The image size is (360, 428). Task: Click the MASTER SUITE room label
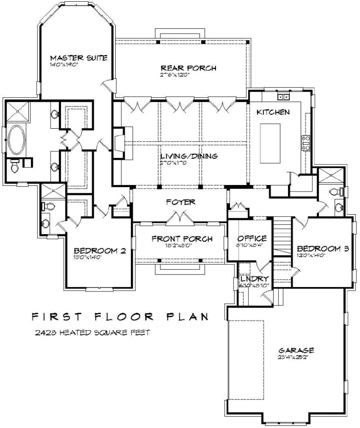coord(79,58)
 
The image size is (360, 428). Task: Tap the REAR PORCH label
coord(189,68)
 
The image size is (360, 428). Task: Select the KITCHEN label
coord(273,112)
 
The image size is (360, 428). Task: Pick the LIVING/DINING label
coord(189,156)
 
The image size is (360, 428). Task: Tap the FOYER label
coord(180,202)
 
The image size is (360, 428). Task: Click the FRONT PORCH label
coord(182,239)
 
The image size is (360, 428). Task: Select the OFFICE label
coord(252,239)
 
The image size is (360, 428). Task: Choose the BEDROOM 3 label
coord(323,249)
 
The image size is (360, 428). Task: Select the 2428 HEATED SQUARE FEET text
coord(93,332)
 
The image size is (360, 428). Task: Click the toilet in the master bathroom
coord(14,165)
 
